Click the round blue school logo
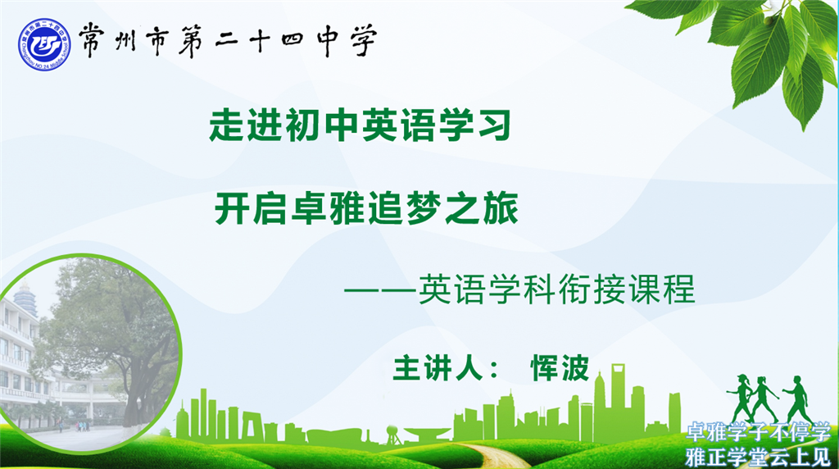click(44, 45)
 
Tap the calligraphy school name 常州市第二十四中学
click(229, 41)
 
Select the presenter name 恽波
click(560, 368)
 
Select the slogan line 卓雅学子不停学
click(758, 432)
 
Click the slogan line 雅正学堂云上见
click(758, 457)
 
